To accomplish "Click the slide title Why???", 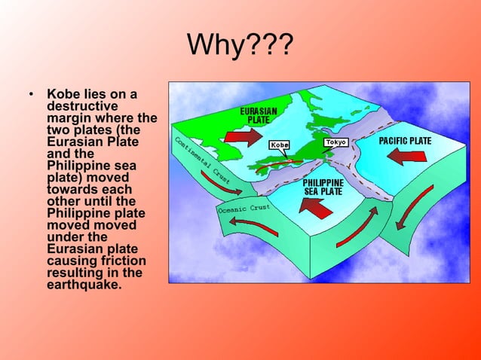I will [240, 49].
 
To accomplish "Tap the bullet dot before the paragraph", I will [31, 95].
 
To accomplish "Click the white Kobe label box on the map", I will [279, 144].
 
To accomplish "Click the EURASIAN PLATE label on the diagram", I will [258, 116].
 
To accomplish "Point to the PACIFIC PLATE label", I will [405, 141].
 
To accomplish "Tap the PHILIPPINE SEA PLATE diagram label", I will [323, 187].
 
